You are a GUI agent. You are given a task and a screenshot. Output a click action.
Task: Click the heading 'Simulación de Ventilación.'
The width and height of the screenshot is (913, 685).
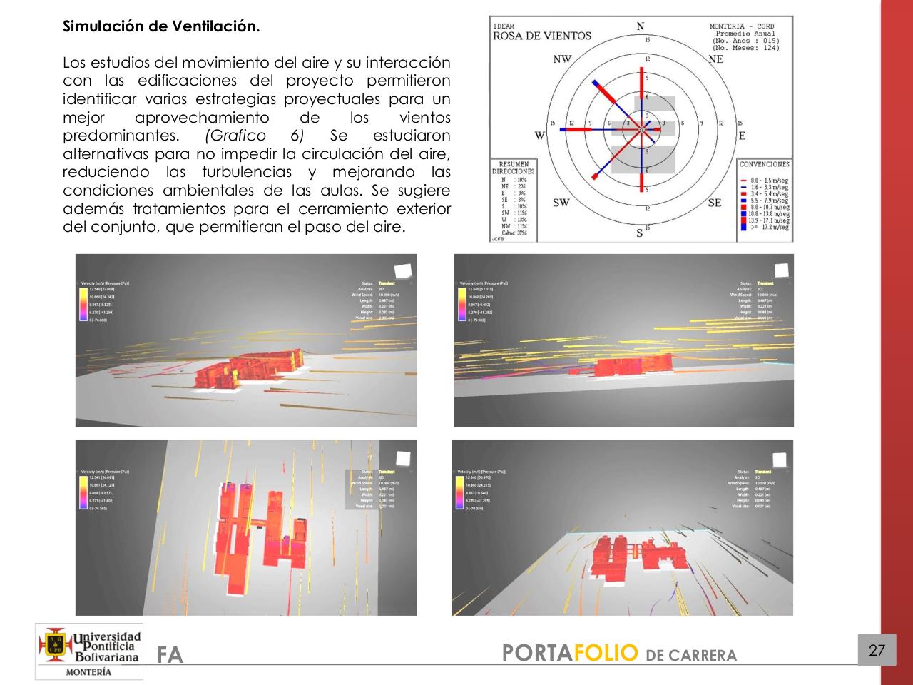[x=161, y=27]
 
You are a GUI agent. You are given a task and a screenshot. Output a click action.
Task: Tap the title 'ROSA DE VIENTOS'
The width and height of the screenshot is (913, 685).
[x=542, y=36]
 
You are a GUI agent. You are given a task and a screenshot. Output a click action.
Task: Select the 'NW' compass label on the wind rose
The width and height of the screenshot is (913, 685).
[x=562, y=59]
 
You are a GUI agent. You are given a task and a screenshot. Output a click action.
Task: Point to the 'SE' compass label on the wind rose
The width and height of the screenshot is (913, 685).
[x=715, y=203]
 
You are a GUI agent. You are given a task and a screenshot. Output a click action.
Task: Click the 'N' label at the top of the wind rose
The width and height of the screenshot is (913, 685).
[x=641, y=26]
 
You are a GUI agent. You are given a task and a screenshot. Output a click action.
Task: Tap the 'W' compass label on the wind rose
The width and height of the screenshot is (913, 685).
[x=539, y=136]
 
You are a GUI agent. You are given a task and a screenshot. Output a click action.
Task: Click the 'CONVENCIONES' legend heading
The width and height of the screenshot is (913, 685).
[x=765, y=164]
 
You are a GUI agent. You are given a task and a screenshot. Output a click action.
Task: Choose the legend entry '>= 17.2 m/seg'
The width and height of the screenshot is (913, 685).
[x=769, y=227]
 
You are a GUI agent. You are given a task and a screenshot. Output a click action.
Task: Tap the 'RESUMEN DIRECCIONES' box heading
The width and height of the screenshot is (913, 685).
[x=513, y=168]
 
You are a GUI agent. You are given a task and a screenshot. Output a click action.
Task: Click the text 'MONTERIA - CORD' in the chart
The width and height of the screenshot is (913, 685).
[x=742, y=26]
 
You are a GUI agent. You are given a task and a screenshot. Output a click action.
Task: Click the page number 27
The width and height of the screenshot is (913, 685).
[x=877, y=650]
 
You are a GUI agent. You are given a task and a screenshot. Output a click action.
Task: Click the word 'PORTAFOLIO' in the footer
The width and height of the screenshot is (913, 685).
[x=569, y=652]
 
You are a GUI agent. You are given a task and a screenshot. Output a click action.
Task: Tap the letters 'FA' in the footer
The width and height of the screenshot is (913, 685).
[x=170, y=655]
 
